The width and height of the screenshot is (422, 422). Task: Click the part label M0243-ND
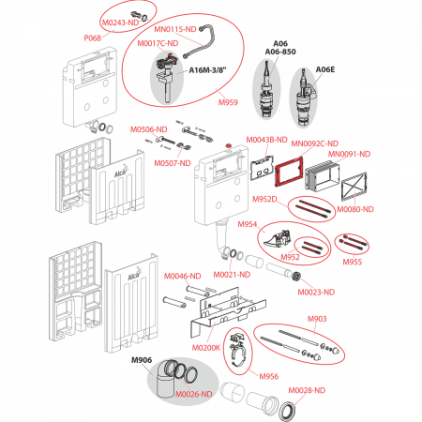120,23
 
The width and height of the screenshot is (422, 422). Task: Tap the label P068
93,38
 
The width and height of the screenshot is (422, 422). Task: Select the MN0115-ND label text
175,29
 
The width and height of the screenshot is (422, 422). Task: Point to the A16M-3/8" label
207,70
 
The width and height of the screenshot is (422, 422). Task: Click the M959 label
228,102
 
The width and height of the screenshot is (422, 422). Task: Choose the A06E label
325,69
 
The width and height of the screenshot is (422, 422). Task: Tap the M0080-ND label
355,209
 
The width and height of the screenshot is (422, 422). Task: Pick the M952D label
264,199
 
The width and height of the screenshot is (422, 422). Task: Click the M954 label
248,224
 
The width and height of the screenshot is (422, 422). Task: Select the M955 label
353,262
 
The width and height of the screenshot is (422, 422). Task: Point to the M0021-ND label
232,275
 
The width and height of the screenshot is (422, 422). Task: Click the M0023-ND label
316,292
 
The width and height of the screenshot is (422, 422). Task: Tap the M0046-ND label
183,276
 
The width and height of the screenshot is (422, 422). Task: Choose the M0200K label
206,348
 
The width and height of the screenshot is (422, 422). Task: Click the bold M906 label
142,360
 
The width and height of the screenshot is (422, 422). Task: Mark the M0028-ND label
307,390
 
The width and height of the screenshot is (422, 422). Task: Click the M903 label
317,319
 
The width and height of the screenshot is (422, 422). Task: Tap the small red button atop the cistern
228,145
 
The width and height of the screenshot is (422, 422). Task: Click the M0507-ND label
173,163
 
